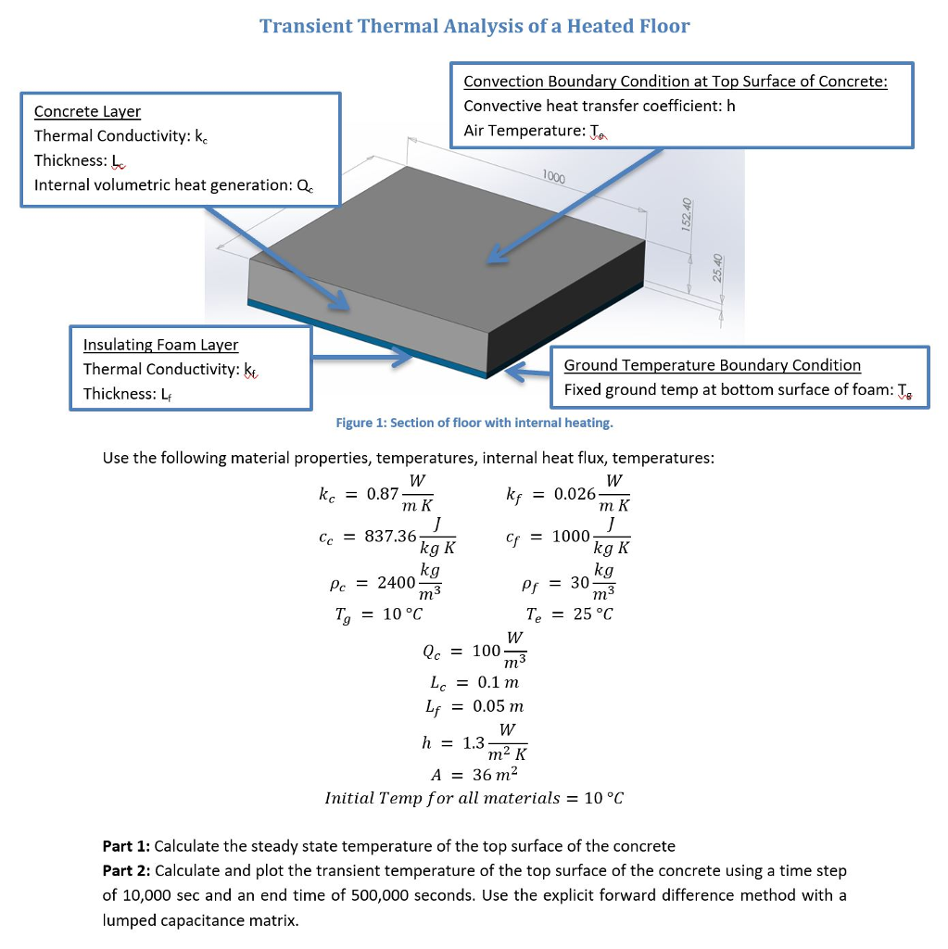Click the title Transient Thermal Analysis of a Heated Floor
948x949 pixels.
pyautogui.click(x=474, y=26)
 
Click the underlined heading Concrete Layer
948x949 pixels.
pyautogui.click(x=87, y=111)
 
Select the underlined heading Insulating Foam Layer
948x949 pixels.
pyautogui.click(x=160, y=345)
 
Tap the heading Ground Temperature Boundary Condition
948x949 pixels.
pyautogui.click(x=712, y=365)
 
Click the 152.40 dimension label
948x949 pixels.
pyautogui.click(x=687, y=216)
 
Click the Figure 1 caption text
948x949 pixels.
pyautogui.click(x=474, y=423)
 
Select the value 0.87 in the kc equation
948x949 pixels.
pyautogui.click(x=382, y=493)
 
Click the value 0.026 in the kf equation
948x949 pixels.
pyautogui.click(x=575, y=493)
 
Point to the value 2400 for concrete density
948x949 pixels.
pyautogui.click(x=396, y=582)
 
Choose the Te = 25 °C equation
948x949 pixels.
pyautogui.click(x=569, y=614)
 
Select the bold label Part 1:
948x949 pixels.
pyautogui.click(x=126, y=845)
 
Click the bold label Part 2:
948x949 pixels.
pyautogui.click(x=126, y=870)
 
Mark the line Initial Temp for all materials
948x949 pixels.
pyautogui.click(x=474, y=798)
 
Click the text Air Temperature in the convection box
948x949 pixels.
pyautogui.click(x=522, y=131)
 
